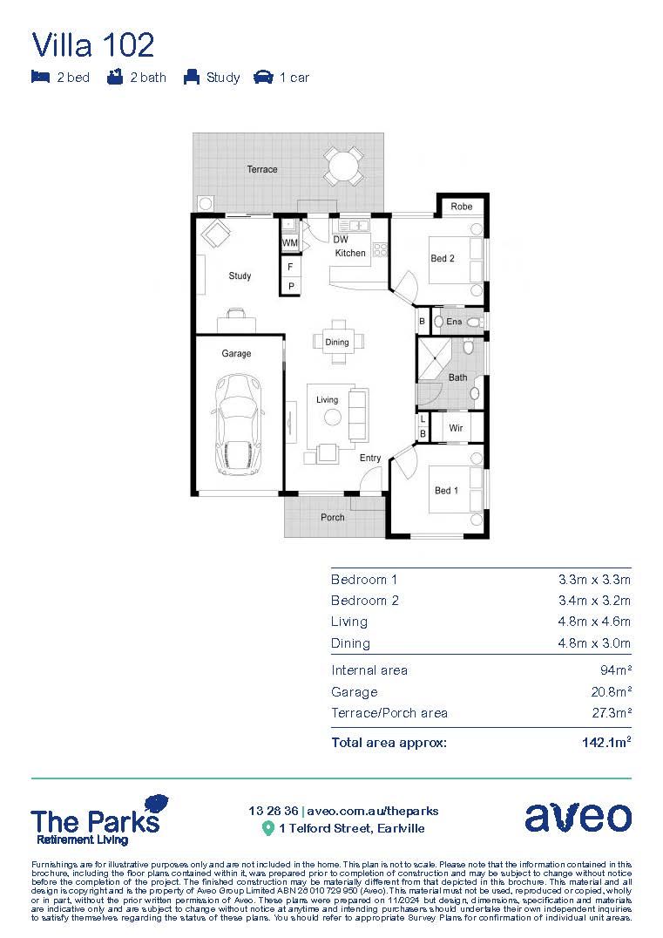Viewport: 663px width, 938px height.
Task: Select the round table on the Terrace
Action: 344,166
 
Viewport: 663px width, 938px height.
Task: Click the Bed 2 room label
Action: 443,258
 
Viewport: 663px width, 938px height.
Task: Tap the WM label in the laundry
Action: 290,241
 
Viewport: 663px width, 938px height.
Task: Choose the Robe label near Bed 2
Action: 461,207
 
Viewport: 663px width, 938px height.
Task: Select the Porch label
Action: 332,517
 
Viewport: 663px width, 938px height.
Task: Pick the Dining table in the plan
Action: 337,342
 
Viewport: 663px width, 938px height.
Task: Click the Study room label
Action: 240,275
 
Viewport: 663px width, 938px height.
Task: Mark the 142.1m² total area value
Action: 605,743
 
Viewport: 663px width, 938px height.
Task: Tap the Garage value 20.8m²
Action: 611,692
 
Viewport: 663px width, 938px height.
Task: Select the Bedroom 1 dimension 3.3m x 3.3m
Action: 594,580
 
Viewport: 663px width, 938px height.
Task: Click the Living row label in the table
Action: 349,622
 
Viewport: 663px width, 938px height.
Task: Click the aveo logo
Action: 578,817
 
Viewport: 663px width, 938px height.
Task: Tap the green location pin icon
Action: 268,828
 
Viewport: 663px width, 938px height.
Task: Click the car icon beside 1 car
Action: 262,77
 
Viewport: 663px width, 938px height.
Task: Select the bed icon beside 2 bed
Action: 40,77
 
